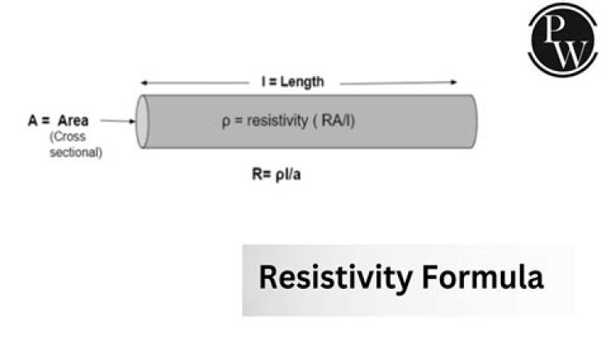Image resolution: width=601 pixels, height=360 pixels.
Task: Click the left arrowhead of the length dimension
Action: [144, 83]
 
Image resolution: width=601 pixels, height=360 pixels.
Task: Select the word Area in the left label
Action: [73, 120]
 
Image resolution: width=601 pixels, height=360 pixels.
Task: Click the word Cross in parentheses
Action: [75, 137]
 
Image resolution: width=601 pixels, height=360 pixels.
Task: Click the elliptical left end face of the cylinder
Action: [143, 121]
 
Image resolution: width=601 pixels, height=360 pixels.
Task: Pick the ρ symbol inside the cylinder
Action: [225, 122]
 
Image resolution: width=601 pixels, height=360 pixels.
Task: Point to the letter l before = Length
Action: [263, 82]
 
